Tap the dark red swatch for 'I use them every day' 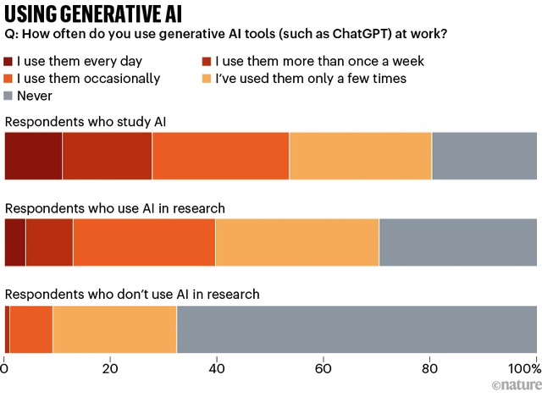tap(10, 62)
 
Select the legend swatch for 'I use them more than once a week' tap(206, 62)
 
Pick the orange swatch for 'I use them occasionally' tap(10, 79)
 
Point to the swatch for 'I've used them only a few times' tap(206, 79)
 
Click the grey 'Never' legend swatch tap(10, 96)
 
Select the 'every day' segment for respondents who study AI tap(33, 156)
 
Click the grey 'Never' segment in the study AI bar tap(484, 156)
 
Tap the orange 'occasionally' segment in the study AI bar tap(220, 156)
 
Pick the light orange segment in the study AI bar tap(360, 156)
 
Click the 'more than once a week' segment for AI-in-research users tap(49, 242)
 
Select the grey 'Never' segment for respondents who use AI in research tap(457, 242)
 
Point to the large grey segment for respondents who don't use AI tap(356, 329)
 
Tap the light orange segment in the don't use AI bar tap(114, 329)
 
